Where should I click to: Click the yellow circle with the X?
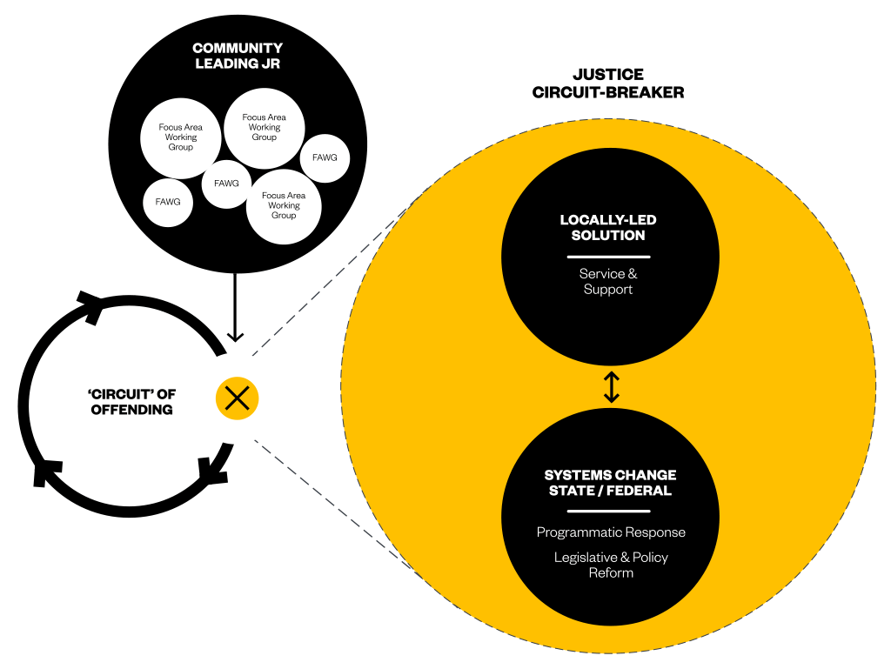pos(237,398)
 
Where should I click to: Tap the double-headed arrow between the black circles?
pos(611,387)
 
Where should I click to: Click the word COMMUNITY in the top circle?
pos(238,49)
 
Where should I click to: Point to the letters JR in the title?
pos(271,64)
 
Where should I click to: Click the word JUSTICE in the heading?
pos(608,75)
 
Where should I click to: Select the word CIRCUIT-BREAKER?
pos(608,92)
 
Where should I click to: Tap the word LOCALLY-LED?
pos(608,220)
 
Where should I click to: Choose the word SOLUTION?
pos(608,236)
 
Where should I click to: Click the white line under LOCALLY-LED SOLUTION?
pos(608,257)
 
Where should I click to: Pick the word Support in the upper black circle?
pos(608,290)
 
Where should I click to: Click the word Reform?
pos(611,573)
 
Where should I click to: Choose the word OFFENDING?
pos(132,410)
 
